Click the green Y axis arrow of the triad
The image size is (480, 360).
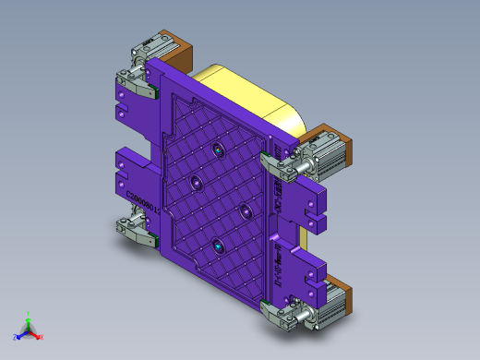28,318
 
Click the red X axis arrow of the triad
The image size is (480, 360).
39,337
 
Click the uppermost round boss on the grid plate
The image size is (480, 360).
217,150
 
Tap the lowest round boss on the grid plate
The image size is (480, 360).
218,246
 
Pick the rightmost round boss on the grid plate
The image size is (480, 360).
246,211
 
